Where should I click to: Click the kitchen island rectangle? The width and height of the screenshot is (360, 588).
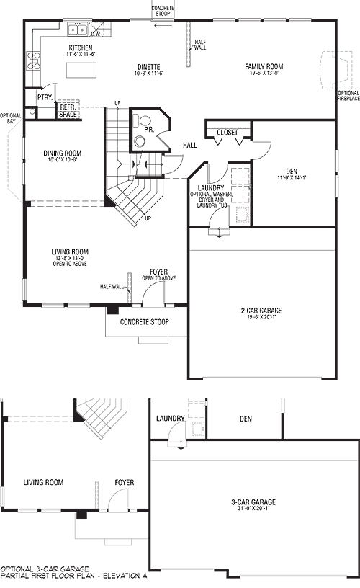click(81, 70)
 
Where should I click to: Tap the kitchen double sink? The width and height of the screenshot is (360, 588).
click(77, 29)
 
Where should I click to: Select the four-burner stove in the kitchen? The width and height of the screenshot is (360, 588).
click(33, 61)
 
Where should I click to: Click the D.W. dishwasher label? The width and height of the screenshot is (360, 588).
click(96, 34)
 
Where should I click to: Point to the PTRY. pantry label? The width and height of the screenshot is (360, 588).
click(45, 97)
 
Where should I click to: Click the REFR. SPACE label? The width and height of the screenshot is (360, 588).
click(68, 111)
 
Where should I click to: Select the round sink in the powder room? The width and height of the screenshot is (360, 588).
click(140, 141)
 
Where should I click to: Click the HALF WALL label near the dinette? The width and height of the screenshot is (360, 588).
click(200, 45)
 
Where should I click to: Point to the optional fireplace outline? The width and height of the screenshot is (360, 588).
click(336, 69)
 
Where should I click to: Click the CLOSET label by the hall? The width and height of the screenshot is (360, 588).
click(228, 133)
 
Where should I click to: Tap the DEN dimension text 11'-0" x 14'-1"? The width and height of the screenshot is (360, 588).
click(292, 178)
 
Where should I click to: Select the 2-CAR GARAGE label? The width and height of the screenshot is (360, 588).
click(261, 311)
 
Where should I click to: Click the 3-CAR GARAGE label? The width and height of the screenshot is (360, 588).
click(253, 502)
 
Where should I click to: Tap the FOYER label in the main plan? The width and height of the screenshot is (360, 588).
click(159, 272)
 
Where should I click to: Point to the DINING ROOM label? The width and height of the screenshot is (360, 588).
click(62, 153)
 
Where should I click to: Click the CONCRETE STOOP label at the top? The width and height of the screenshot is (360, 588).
click(161, 11)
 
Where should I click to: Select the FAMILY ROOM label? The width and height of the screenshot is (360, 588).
click(264, 66)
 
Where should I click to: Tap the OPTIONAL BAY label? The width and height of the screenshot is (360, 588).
click(11, 118)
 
